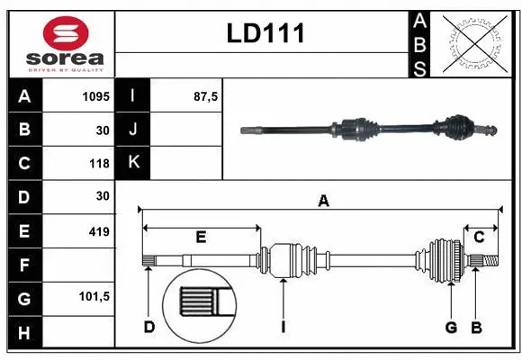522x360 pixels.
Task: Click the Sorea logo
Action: coord(61,44)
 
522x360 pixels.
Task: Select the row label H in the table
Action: coord(24,333)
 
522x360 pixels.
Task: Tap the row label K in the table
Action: coord(133,163)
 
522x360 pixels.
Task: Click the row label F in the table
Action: coord(24,265)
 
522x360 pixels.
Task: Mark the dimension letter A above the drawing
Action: coord(323,202)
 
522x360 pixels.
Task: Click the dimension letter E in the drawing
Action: coord(201,238)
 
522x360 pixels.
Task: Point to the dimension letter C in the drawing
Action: coord(479,238)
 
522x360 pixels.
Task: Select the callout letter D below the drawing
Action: coord(148,327)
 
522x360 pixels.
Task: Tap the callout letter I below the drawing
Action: coord(283,327)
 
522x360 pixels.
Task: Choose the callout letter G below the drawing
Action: coord(451,327)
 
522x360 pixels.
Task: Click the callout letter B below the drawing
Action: coord(476,327)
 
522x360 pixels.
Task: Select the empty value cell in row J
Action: coord(186,130)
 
